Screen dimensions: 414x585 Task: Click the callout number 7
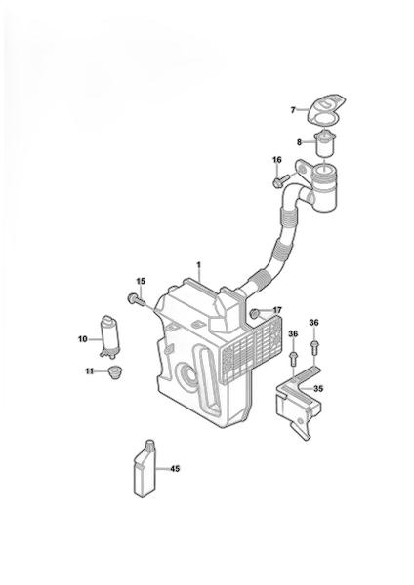[293, 110]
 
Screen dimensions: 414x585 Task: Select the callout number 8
[299, 142]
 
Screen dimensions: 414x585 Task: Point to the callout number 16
[277, 160]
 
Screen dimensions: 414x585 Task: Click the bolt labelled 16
[281, 180]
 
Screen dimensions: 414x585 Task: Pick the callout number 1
[199, 265]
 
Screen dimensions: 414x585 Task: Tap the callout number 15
[141, 281]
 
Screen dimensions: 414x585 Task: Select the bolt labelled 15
[137, 299]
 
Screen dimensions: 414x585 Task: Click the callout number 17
[277, 310]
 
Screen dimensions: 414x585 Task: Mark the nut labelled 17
[255, 314]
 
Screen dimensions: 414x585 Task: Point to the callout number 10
[83, 339]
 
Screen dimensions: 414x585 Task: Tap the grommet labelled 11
[112, 372]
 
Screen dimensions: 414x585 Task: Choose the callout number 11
[89, 371]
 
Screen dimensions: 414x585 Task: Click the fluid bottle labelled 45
[145, 469]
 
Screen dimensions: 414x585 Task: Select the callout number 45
[175, 469]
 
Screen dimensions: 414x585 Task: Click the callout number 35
[318, 389]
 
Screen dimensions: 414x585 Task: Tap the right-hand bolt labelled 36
[314, 346]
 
